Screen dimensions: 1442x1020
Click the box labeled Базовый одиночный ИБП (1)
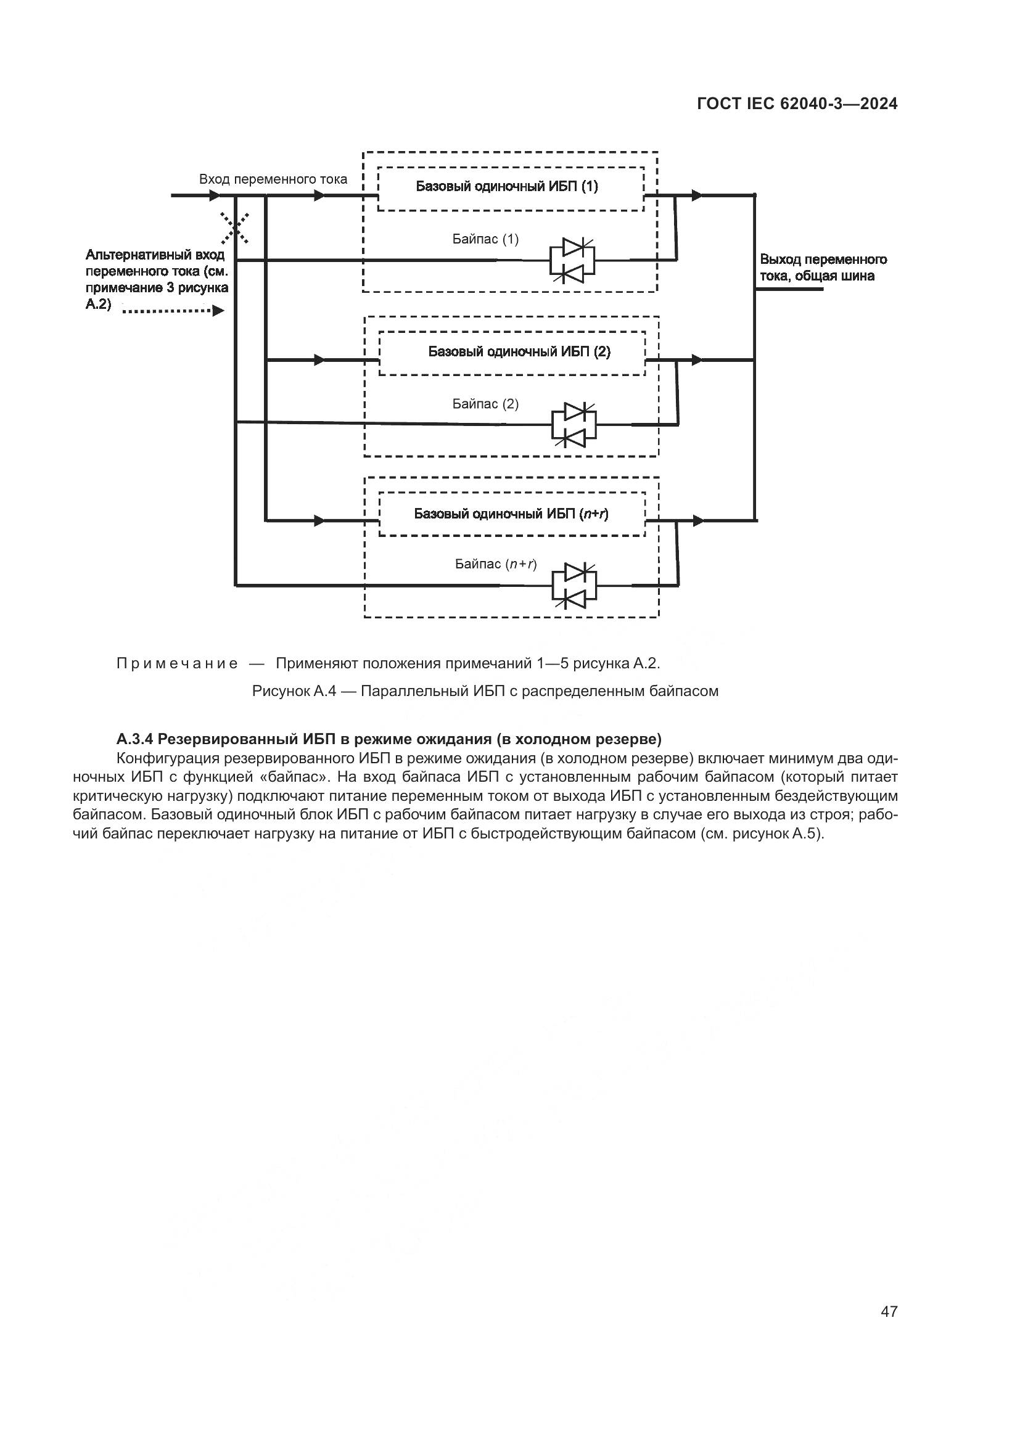[511, 187]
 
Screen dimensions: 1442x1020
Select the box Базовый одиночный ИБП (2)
[512, 353]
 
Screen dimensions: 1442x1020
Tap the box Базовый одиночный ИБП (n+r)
[512, 514]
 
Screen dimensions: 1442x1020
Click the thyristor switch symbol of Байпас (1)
[572, 260]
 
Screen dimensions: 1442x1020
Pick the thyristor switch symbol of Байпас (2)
[574, 425]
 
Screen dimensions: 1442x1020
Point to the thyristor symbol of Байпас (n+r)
[574, 586]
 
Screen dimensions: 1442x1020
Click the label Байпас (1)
[485, 239]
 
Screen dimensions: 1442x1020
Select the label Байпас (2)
[485, 404]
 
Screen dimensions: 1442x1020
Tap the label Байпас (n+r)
[496, 564]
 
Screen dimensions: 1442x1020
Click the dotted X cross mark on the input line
[235, 227]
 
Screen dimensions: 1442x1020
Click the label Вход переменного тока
[273, 179]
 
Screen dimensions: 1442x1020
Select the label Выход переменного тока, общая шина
[823, 268]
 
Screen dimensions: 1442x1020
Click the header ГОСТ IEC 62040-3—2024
[797, 104]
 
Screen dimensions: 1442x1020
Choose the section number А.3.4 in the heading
[135, 739]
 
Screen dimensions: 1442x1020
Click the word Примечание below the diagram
[177, 664]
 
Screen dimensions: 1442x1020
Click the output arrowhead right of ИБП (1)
[696, 195]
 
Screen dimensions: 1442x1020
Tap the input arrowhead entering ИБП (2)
[319, 360]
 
